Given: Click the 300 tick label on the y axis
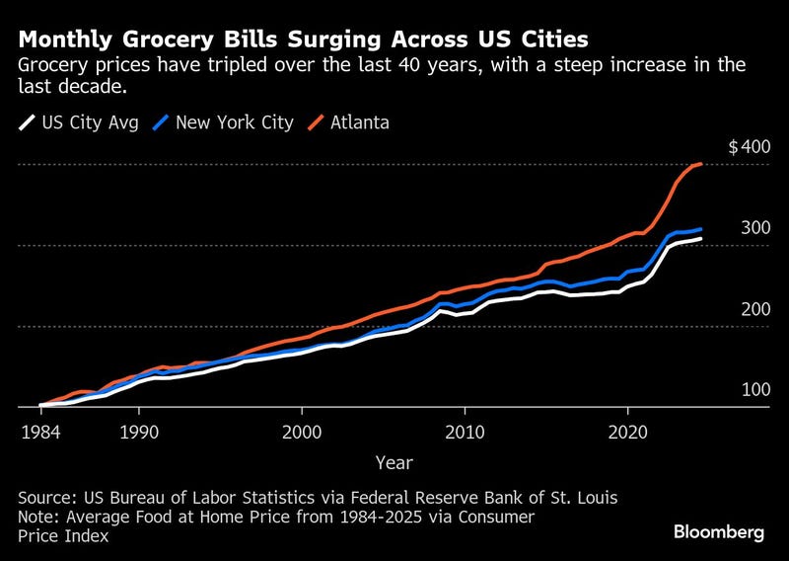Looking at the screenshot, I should coord(753,228).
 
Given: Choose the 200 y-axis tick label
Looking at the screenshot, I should coord(753,309).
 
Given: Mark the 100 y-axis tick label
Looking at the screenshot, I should coord(753,390).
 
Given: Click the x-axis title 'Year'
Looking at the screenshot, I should coord(394,462).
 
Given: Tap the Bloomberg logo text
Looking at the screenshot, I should coord(719,532).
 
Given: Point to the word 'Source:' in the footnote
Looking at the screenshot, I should coord(47,499).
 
